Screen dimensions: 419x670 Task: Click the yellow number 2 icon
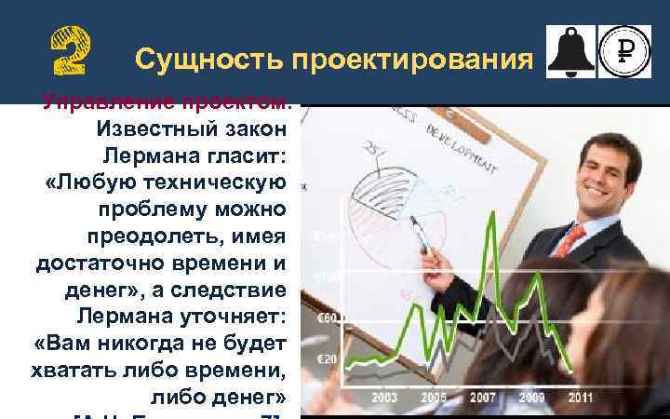pyautogui.click(x=70, y=49)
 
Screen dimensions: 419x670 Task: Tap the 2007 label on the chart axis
pyautogui.click(x=482, y=398)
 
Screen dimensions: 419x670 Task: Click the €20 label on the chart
pyautogui.click(x=327, y=358)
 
